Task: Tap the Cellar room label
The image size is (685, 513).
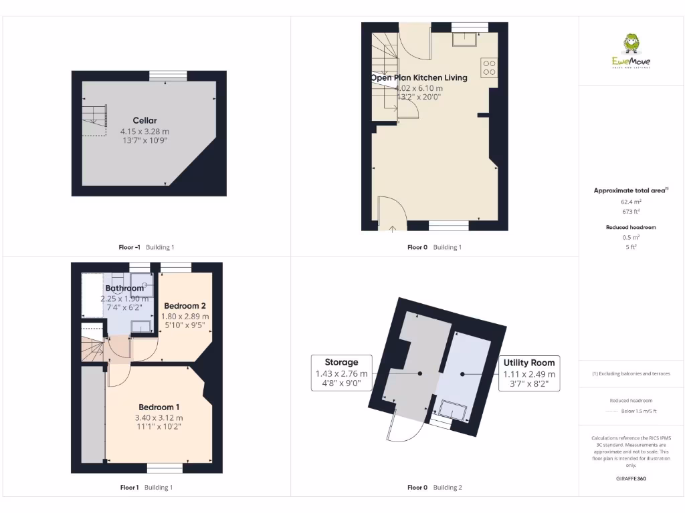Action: [x=144, y=120]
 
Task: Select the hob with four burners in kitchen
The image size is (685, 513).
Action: [x=489, y=67]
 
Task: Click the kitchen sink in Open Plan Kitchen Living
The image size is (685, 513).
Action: [x=464, y=39]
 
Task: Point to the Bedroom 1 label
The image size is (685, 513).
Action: [x=159, y=407]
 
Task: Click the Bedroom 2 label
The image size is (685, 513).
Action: [x=185, y=305]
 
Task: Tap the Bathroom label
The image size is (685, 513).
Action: [x=124, y=289]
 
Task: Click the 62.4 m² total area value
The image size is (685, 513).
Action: [x=631, y=200]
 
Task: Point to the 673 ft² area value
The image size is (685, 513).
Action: [x=631, y=211]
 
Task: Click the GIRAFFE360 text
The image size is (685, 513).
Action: [x=631, y=478]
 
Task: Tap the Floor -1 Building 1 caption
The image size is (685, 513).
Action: [x=146, y=247]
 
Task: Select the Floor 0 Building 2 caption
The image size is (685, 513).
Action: [x=434, y=488]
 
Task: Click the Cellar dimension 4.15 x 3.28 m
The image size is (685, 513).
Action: [x=144, y=132]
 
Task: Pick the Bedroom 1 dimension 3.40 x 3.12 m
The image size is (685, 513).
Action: [x=159, y=418]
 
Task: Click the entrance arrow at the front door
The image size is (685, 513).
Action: [x=392, y=230]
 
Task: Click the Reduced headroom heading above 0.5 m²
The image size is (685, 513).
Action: [x=631, y=227]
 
